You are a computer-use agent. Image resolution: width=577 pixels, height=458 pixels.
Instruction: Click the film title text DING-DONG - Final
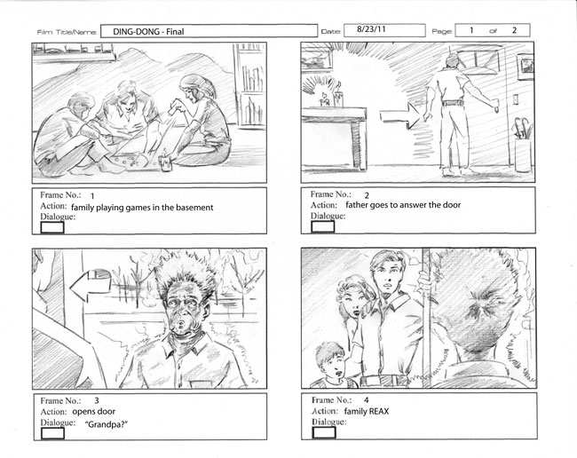click(148, 32)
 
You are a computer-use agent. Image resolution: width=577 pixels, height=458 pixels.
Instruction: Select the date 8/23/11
click(371, 29)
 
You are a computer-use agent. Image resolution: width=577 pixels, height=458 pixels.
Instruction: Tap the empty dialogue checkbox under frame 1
click(52, 227)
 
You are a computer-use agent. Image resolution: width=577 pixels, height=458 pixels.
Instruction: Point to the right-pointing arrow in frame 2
click(399, 115)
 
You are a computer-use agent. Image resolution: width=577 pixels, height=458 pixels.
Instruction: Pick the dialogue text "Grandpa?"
click(107, 424)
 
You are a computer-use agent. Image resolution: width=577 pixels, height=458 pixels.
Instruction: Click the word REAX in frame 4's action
click(379, 411)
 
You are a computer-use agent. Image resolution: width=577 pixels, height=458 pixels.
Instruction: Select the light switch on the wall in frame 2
click(516, 99)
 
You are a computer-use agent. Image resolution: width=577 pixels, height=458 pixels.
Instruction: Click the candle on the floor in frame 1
click(166, 162)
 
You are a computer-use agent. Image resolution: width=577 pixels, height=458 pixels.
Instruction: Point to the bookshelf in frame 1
click(249, 84)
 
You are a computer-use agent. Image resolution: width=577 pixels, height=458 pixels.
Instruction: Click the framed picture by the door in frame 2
click(526, 67)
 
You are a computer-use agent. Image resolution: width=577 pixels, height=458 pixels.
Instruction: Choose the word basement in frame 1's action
click(194, 208)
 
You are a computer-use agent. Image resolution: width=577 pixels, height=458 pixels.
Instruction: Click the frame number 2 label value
click(367, 195)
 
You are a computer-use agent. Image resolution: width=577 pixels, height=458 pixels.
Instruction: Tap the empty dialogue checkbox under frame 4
click(324, 432)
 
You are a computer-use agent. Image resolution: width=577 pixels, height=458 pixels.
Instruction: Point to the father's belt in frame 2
click(453, 103)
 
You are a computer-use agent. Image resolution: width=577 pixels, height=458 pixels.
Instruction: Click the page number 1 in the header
click(471, 30)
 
